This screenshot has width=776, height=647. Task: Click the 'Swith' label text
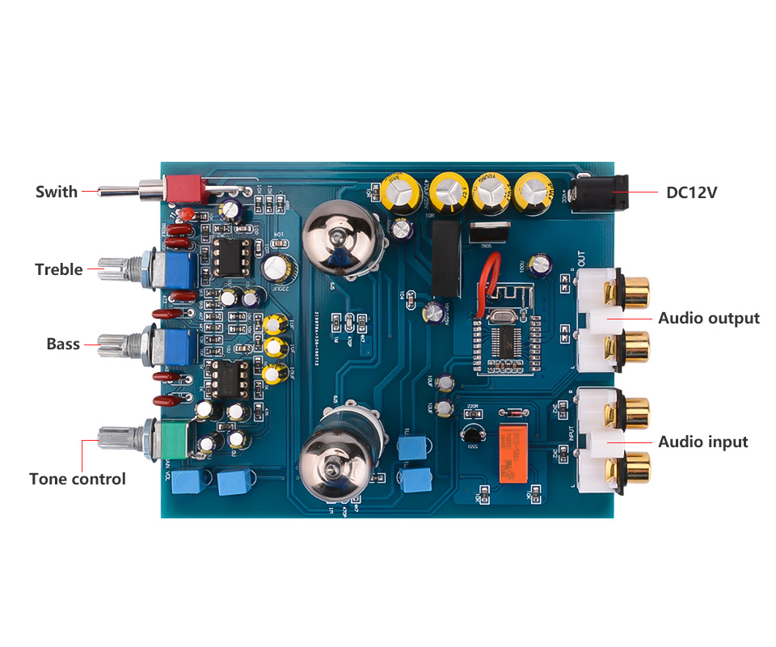(x=57, y=192)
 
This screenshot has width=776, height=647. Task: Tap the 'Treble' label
(x=58, y=269)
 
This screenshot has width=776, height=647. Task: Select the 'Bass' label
(x=63, y=344)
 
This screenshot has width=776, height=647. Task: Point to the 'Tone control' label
(x=78, y=479)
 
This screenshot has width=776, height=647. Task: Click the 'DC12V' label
(x=691, y=192)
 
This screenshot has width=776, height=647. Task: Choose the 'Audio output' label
(x=709, y=318)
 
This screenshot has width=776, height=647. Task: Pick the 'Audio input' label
(x=703, y=442)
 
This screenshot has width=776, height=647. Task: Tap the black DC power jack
(x=600, y=194)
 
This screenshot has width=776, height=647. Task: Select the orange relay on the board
(x=512, y=453)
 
